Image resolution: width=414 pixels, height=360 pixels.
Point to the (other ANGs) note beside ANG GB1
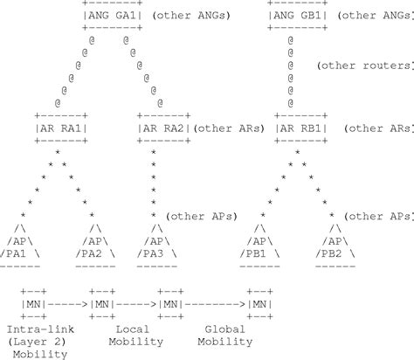click(x=376, y=15)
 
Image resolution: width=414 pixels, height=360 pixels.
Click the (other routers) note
click(x=364, y=66)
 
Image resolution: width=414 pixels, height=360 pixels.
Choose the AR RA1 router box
click(x=60, y=128)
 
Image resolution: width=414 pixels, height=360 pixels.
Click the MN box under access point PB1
click(x=260, y=304)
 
